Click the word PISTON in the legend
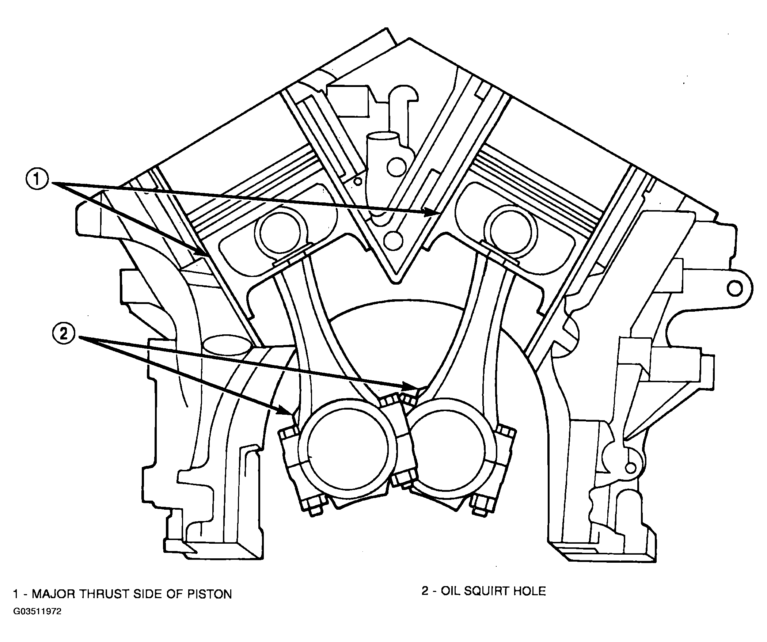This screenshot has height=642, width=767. [209, 594]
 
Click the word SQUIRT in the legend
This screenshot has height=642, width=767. [484, 591]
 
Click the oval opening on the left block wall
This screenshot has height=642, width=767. [228, 345]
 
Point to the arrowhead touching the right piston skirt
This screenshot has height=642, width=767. [431, 212]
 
